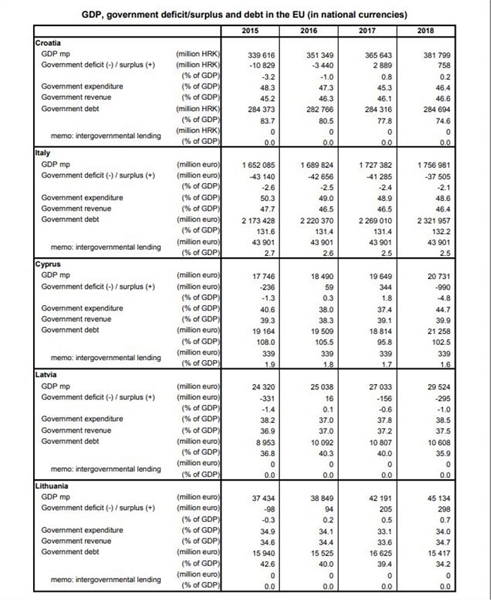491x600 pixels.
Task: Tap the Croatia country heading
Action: [x=50, y=43]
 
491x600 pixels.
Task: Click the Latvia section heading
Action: [x=47, y=373]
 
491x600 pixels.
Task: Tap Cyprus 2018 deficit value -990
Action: [x=440, y=286]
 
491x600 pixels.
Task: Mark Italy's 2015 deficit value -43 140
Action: [x=260, y=174]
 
